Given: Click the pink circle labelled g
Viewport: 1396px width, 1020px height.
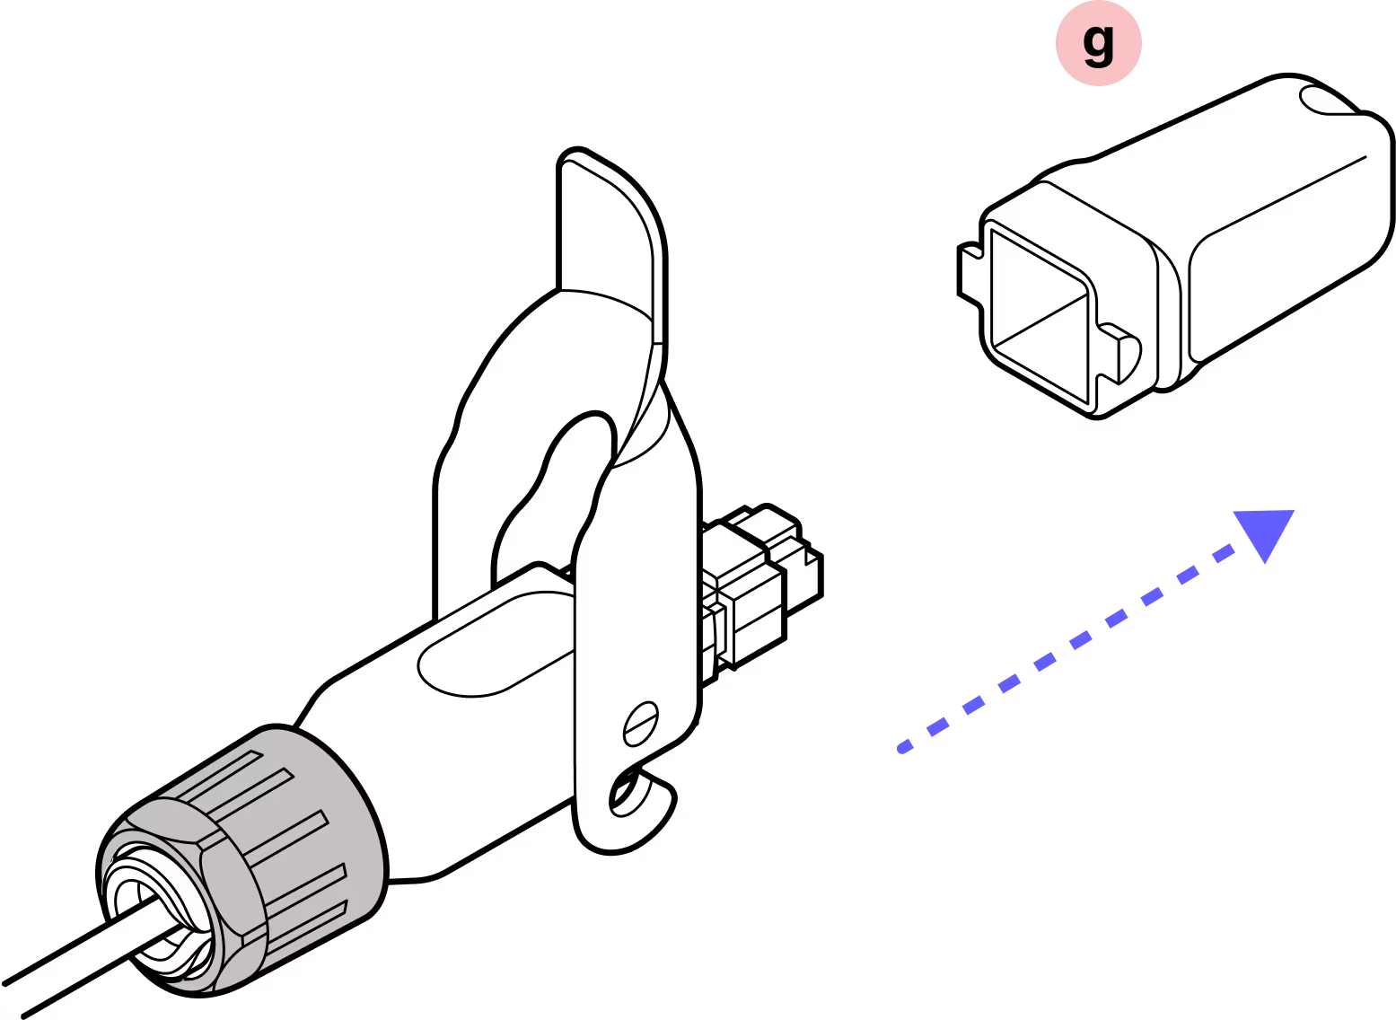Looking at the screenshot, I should (1098, 43).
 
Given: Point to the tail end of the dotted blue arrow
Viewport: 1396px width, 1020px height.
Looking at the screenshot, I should (903, 745).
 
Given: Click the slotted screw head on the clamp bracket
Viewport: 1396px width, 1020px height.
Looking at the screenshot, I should (642, 724).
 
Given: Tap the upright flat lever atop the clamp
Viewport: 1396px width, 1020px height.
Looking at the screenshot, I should (610, 233).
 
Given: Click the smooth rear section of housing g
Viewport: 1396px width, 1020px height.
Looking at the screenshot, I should (1284, 242).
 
